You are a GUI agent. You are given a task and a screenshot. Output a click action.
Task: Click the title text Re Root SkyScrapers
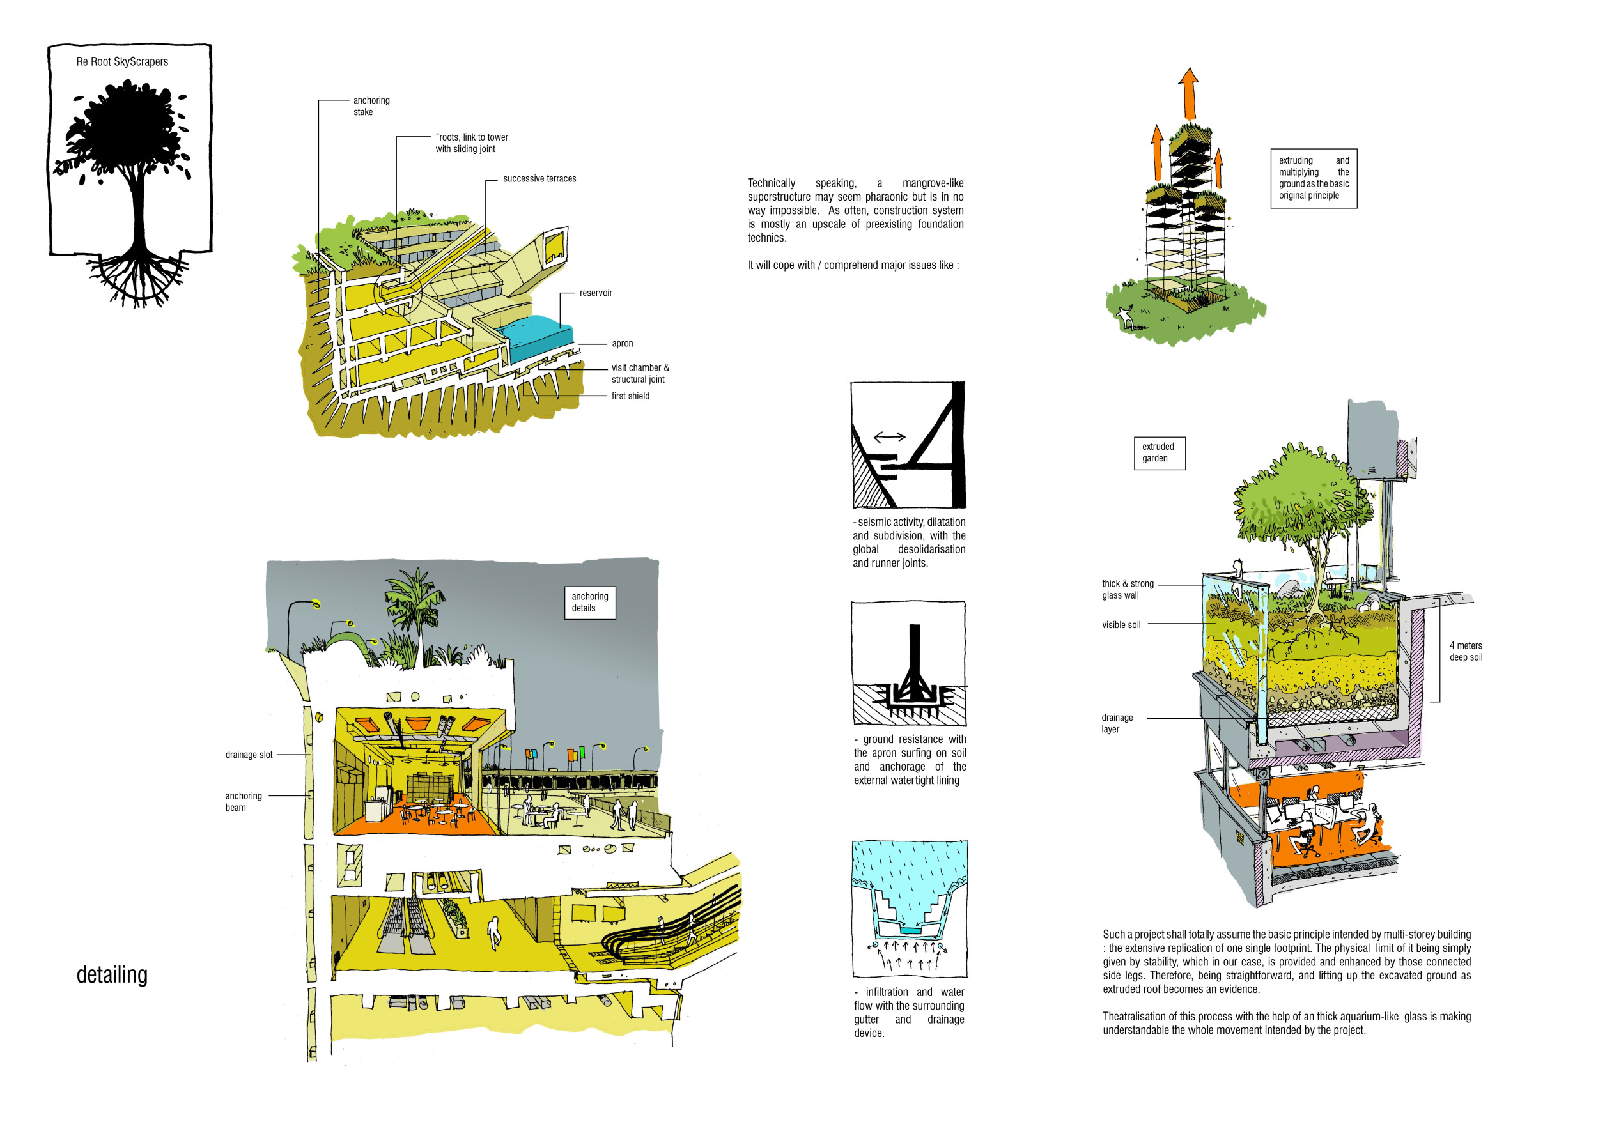click(122, 62)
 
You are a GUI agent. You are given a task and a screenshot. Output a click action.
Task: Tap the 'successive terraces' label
click(539, 179)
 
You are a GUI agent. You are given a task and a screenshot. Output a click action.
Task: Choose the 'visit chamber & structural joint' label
click(640, 374)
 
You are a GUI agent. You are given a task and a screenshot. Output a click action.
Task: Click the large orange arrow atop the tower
click(1189, 94)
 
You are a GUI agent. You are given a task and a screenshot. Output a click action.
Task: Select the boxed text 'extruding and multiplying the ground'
click(1314, 178)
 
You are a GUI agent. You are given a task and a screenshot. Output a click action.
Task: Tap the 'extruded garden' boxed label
click(1159, 453)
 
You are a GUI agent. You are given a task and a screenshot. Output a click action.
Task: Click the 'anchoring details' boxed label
click(589, 603)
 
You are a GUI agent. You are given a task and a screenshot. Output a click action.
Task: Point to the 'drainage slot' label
click(249, 755)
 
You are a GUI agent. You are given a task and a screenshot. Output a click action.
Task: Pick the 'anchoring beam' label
click(243, 802)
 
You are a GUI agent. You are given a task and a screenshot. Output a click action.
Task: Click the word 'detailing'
click(112, 975)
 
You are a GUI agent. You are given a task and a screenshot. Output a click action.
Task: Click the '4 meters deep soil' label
click(1466, 652)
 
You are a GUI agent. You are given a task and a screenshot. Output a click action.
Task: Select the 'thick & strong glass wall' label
click(1128, 590)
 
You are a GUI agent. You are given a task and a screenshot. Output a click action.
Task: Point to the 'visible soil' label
click(1121, 626)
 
